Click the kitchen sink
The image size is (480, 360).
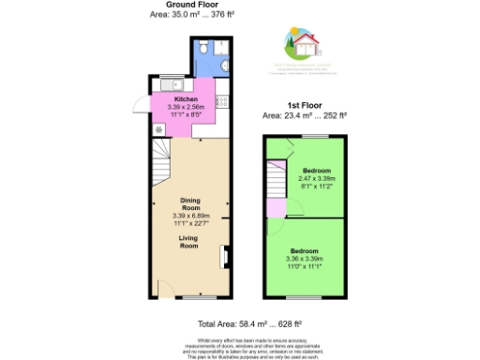pyautogui.click(x=161, y=86)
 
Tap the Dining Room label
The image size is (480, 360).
pyautogui.click(x=191, y=203)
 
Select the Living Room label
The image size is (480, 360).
pyautogui.click(x=191, y=243)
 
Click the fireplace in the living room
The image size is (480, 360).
pyautogui.click(x=224, y=256)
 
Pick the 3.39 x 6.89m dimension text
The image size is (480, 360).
pyautogui.click(x=191, y=217)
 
